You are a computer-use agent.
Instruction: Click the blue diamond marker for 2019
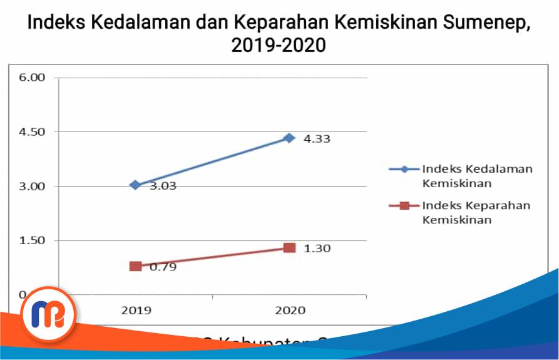point(135,185)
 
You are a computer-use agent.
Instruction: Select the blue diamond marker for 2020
point(289,138)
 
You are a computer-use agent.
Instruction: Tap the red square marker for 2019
point(135,266)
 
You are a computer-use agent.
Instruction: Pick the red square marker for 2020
point(289,248)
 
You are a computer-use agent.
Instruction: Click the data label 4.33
point(317,139)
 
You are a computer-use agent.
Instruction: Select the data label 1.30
point(317,249)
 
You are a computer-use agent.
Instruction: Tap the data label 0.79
point(163,267)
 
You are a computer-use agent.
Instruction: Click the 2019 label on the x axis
point(135,310)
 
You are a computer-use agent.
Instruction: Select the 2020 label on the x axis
point(290,310)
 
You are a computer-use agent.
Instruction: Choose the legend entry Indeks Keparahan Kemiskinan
point(476,212)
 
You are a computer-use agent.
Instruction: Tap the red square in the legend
point(404,205)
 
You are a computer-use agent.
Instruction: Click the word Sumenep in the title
point(476,23)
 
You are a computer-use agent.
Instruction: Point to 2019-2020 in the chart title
point(279,45)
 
